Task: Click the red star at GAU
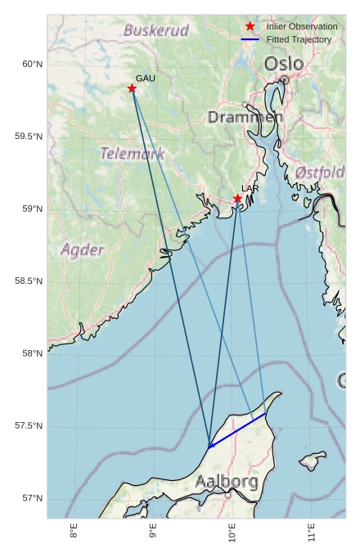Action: [132, 88]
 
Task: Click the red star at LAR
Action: [237, 199]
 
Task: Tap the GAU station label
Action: [145, 79]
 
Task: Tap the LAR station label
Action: [250, 189]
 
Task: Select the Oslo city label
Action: [283, 64]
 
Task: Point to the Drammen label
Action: [245, 118]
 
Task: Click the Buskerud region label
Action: [156, 31]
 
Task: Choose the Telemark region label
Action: [133, 154]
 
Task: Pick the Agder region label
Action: [82, 249]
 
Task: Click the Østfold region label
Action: [320, 173]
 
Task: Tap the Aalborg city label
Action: [227, 482]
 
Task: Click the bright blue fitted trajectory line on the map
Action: [237, 430]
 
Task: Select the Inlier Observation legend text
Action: [302, 27]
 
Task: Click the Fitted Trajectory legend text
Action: [299, 39]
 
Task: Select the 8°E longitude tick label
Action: [74, 533]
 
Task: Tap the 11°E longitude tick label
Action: [312, 533]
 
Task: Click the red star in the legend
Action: [250, 27]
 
